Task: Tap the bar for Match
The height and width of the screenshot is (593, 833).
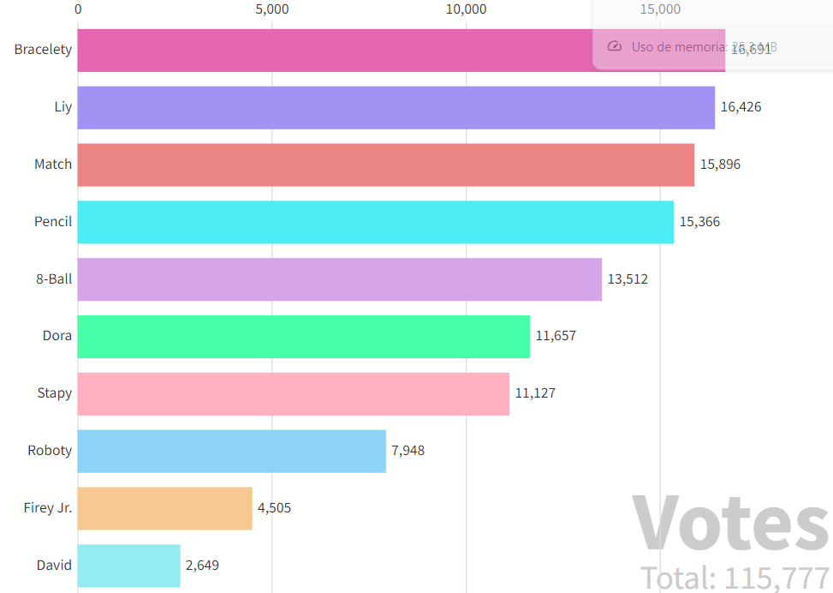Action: (385, 165)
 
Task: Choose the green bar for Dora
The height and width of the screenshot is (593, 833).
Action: (303, 337)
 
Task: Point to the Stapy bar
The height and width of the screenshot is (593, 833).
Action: (293, 394)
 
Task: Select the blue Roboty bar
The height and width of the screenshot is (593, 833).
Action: (231, 451)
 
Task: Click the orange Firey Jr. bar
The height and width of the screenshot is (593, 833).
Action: (164, 508)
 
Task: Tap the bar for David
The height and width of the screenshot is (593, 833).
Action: (128, 566)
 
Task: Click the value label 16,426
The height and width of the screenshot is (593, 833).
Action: (741, 107)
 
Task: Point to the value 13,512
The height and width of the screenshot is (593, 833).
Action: (628, 279)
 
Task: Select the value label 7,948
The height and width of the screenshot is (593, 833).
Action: (408, 451)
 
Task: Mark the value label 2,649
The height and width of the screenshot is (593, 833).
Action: (203, 566)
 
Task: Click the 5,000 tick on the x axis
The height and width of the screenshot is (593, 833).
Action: (272, 9)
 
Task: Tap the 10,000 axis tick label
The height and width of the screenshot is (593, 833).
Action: (466, 9)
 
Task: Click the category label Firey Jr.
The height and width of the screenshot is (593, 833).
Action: (48, 508)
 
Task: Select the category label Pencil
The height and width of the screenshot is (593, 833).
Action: (53, 222)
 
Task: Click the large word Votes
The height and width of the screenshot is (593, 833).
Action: (730, 523)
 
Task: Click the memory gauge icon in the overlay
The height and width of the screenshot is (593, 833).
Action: (614, 46)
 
